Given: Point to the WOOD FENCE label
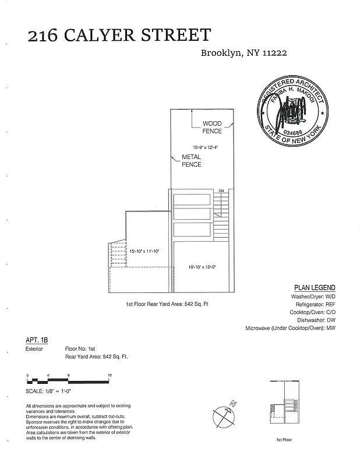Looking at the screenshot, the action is pos(212,127).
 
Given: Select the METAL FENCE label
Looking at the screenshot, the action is pos(192,161).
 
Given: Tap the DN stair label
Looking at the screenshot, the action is pos(221,191).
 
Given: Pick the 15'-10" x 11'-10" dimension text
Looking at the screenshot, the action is pos(144,251).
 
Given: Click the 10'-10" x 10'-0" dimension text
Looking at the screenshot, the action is pos(202,267).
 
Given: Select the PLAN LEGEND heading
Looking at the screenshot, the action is pos(315,288).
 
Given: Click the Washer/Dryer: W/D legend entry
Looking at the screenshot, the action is pos(313,297).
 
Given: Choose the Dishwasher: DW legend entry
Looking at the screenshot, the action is pos(317,320).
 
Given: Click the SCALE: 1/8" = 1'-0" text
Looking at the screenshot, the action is pos(54,391).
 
